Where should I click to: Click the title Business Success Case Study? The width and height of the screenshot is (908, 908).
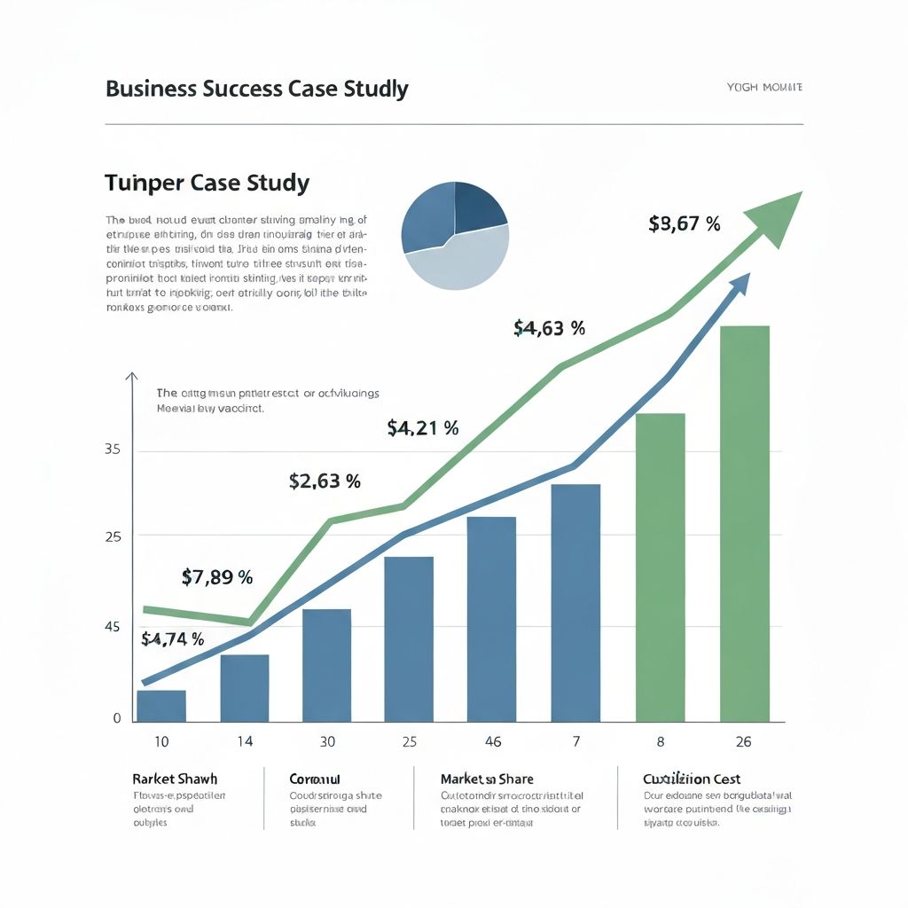pos(256,89)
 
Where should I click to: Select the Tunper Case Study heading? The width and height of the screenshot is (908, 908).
pos(207,184)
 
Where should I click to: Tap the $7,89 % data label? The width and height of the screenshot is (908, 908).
pos(217,577)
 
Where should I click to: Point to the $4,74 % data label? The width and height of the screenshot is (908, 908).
pos(172,638)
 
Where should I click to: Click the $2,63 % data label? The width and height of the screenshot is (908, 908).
pos(325,481)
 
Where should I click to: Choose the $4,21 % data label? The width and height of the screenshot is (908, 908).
pos(423,428)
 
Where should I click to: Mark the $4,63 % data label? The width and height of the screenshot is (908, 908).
pos(549,328)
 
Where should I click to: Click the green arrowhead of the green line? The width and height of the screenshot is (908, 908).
pos(775,217)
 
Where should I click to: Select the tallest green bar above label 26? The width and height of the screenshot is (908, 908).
pos(744,523)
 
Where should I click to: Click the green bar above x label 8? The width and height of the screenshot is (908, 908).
pos(660,567)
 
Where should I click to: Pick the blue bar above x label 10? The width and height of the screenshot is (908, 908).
pos(161,706)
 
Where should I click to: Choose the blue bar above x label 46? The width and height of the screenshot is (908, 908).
pos(490,619)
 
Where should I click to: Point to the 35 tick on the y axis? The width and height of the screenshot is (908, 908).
pos(112,450)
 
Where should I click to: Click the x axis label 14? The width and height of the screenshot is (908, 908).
pos(244,740)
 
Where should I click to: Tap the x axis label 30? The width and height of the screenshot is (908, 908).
pos(327,740)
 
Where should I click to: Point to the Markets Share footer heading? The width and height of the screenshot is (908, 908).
pos(487,779)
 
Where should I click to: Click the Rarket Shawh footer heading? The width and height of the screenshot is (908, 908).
pos(175,779)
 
